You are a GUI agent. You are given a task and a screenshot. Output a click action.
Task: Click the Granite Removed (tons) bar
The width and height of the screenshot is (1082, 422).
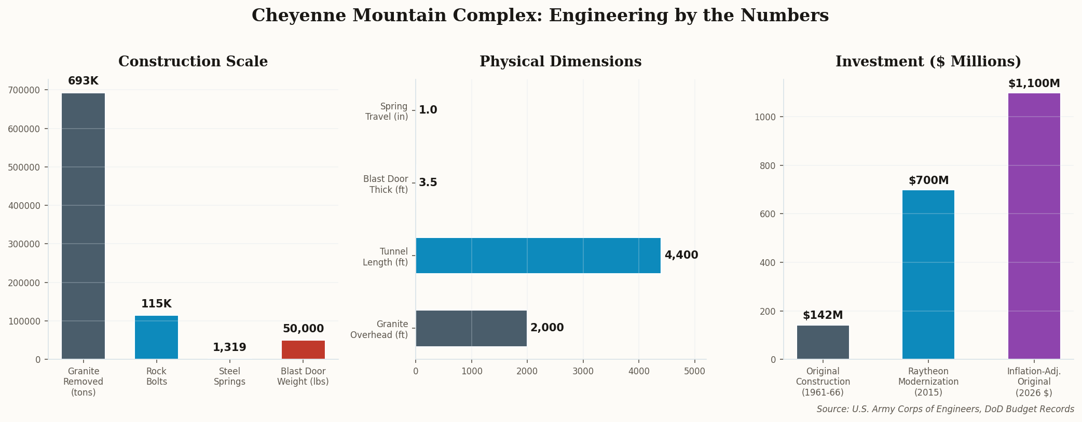[x=83, y=226]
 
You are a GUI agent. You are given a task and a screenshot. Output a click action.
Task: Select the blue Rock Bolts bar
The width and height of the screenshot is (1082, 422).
[x=156, y=337]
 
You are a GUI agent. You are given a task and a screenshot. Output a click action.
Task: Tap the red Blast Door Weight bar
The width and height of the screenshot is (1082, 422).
[x=303, y=350]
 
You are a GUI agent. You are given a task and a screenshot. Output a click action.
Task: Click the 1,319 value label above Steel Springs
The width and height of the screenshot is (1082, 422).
[x=229, y=348]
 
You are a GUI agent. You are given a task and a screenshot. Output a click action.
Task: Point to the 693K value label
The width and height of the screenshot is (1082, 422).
[x=83, y=81]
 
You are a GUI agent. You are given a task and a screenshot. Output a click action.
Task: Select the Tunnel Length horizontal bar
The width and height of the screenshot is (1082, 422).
[x=538, y=256]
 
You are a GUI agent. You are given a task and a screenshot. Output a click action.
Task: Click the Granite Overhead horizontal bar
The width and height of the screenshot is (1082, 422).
[x=471, y=328]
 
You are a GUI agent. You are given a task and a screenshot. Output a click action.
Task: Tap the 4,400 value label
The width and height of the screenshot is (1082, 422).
[x=681, y=256]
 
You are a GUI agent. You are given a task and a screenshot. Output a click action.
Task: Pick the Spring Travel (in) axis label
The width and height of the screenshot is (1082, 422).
[x=387, y=111]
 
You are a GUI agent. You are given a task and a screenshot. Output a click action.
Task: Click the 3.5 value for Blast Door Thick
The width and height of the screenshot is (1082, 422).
[x=428, y=183]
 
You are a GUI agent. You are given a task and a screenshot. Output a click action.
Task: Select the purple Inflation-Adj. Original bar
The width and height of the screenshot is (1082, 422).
[x=1034, y=226]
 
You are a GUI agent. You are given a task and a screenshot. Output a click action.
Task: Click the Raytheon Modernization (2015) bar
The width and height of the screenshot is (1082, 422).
[x=928, y=275]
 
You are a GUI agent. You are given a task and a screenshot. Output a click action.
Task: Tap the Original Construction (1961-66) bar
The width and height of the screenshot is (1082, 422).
[x=823, y=342]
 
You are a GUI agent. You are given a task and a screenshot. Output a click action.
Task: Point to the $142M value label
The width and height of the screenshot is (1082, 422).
[x=823, y=316]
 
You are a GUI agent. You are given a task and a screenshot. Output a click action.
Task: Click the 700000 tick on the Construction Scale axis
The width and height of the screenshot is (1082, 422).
[x=24, y=90]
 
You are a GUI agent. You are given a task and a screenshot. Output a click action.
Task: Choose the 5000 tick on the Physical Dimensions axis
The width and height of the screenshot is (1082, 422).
[x=695, y=371]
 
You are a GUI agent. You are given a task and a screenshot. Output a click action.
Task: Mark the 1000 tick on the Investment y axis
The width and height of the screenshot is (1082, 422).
[x=765, y=117]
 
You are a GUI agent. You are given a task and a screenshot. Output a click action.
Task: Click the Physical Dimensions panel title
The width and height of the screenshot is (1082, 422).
[x=560, y=62]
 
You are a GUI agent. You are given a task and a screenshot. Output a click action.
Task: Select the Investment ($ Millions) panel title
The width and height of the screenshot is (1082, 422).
[x=928, y=62]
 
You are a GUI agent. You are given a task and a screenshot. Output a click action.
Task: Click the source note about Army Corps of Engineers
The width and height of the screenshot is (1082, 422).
[x=945, y=410]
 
